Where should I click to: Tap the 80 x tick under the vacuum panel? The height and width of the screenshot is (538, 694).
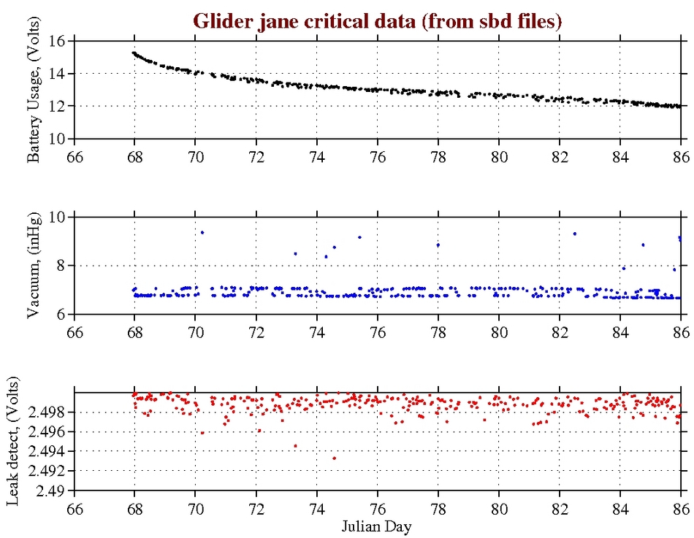pos(499,331)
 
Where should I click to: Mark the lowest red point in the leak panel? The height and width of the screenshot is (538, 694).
pos(334,458)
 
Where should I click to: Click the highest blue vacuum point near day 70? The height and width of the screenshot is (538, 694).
pos(202,232)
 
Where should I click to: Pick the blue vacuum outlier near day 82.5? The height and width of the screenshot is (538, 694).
pos(575,234)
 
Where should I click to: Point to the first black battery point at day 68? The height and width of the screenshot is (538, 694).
pos(133,53)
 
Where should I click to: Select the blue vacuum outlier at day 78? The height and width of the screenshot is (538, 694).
pos(438,245)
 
